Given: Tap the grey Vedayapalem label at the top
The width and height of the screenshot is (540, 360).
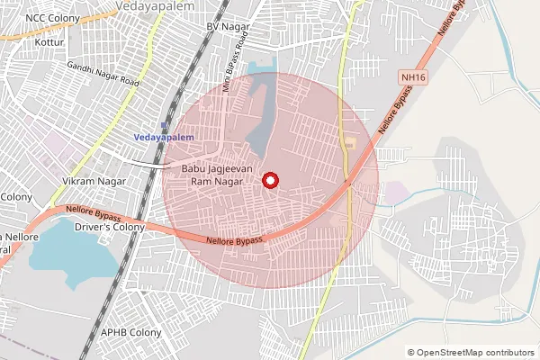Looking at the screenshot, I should pos(150,5).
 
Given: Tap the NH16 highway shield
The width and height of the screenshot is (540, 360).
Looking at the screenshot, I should pos(414,78).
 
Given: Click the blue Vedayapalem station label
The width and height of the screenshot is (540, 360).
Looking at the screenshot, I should pos(163,137).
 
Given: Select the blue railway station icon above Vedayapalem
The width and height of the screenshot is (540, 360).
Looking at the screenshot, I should pos(164,125).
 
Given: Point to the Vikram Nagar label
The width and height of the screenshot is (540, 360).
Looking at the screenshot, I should pos(91,181).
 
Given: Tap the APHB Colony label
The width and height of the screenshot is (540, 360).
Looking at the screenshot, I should pos(131,332).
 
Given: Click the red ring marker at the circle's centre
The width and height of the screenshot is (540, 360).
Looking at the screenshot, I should pos(270,180).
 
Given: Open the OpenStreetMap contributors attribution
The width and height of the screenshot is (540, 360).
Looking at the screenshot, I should pos(475,352).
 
